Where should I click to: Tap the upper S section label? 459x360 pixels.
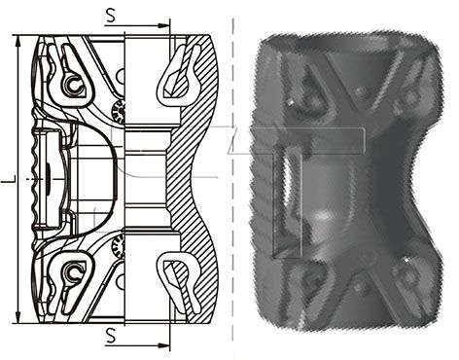111,16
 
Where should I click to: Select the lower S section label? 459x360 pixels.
111,336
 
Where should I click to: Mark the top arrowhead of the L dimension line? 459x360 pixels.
18,42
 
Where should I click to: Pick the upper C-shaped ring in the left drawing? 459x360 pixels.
75,85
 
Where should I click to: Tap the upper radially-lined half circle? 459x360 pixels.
119,112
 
